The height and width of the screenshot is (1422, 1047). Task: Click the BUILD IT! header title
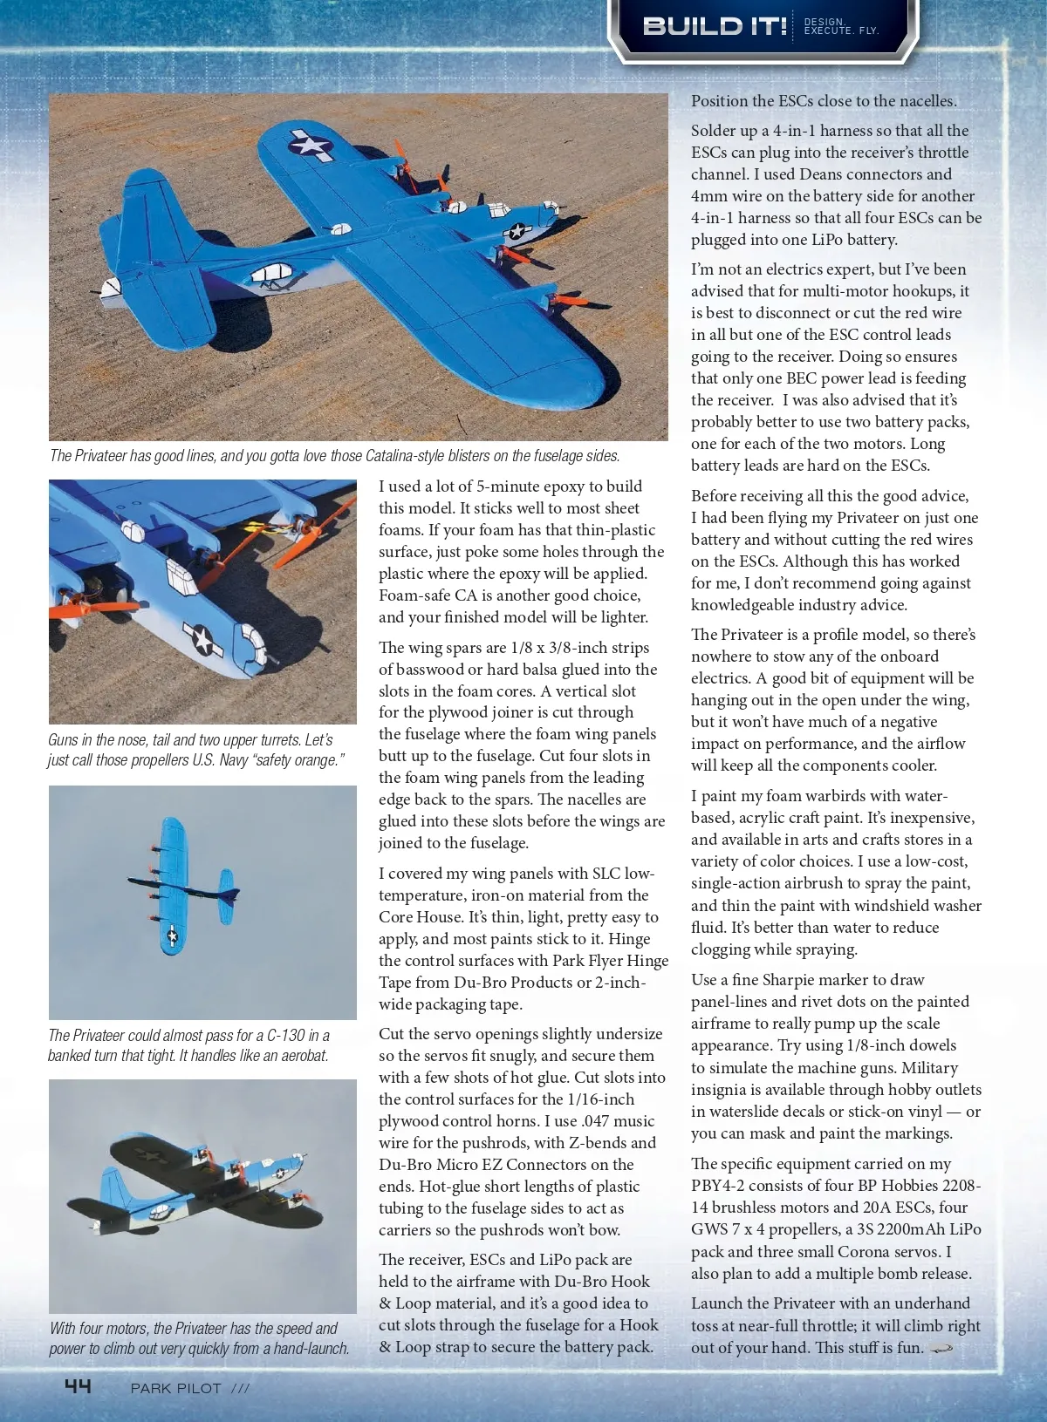(x=715, y=26)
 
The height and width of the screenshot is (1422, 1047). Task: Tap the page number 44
(x=78, y=1385)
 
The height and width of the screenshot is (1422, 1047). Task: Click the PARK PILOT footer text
(x=175, y=1388)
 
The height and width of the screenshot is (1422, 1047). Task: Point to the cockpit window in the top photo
(x=272, y=276)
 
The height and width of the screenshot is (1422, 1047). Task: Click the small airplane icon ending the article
(x=941, y=1348)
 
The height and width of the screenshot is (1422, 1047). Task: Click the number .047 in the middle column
(x=595, y=1121)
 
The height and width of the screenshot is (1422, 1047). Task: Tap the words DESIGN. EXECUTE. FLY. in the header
(x=840, y=26)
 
